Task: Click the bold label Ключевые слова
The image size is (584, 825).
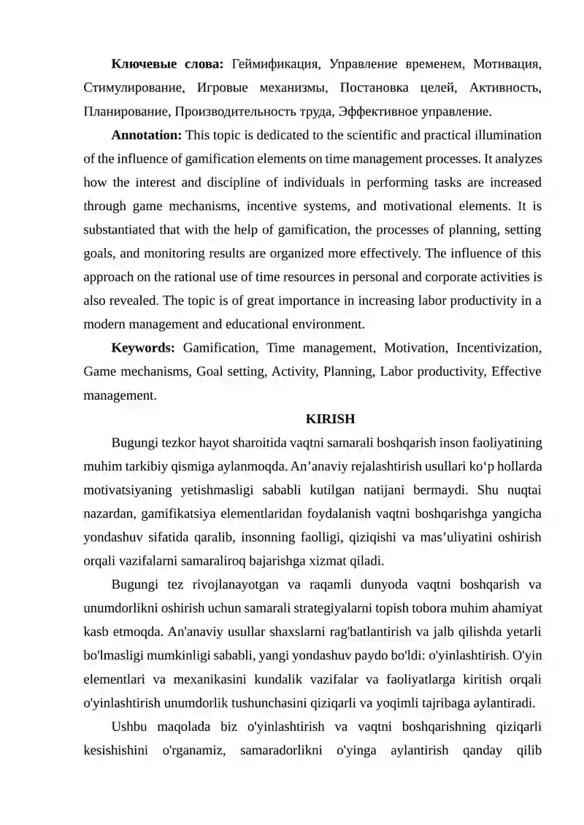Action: (167, 64)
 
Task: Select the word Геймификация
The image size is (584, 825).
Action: (275, 64)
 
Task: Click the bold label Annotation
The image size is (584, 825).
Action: (146, 135)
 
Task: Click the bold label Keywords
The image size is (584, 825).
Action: (142, 348)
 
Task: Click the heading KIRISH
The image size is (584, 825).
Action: (330, 419)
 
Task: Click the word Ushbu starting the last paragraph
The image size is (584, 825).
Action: (128, 726)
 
